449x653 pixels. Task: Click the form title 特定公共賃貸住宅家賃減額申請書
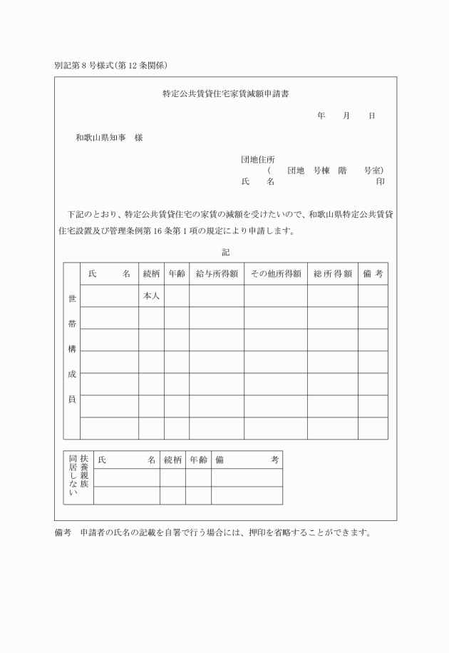(x=224, y=93)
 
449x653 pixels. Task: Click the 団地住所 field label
(x=257, y=159)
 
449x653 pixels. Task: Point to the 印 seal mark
(x=381, y=182)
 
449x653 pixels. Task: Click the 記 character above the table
(x=226, y=252)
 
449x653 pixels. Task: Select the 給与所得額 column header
(x=217, y=274)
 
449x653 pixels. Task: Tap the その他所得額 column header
(x=276, y=274)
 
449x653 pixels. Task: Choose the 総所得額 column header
(x=332, y=274)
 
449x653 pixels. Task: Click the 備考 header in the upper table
(x=373, y=274)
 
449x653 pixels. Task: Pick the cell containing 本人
(x=151, y=296)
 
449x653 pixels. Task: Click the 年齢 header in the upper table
(x=176, y=274)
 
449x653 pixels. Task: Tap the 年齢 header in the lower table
(x=198, y=460)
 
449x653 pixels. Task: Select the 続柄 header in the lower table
(x=172, y=460)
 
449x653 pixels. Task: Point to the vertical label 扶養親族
(x=84, y=472)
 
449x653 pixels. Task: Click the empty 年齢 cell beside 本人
(x=176, y=296)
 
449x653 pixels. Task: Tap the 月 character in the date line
(x=346, y=116)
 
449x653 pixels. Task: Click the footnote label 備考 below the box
(x=63, y=533)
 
